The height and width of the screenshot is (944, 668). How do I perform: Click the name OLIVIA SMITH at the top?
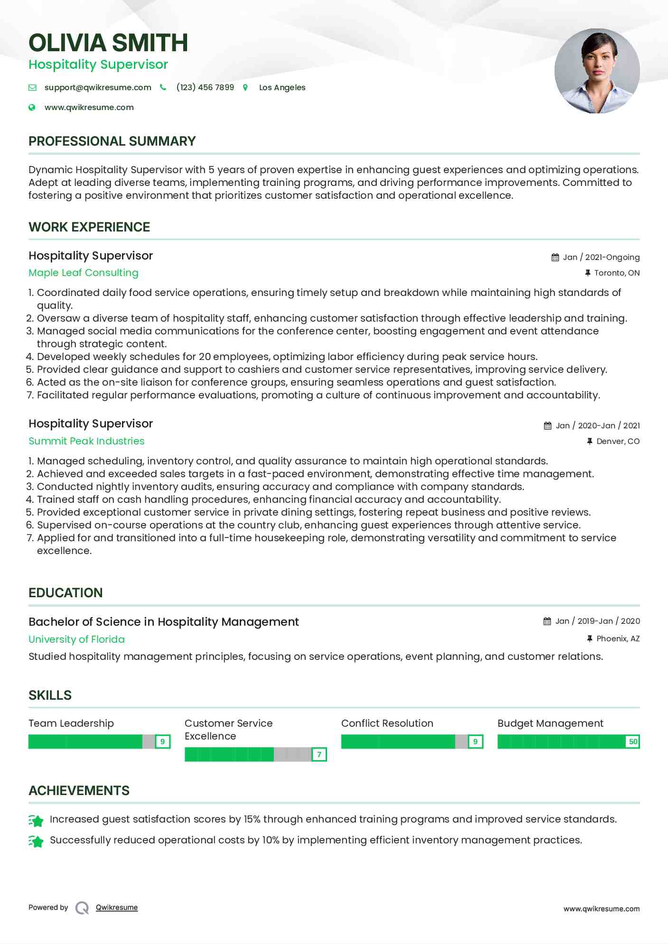pos(108,43)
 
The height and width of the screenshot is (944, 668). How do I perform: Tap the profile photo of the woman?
pos(597,71)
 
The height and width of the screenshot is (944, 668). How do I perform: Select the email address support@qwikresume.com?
pos(98,87)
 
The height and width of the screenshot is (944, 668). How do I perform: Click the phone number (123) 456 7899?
pos(205,87)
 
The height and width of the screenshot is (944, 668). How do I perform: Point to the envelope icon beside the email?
pos(32,87)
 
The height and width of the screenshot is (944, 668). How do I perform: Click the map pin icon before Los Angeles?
pos(245,87)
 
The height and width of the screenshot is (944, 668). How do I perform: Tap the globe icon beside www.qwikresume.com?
pos(32,107)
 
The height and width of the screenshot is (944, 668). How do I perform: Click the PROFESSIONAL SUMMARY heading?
pos(112,141)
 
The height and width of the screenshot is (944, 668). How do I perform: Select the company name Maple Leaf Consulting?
pos(84,273)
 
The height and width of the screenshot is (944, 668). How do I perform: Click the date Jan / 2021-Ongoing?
pos(601,257)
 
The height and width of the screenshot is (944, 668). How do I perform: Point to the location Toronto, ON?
pos(617,273)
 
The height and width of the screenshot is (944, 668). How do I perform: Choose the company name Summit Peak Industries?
pos(86,441)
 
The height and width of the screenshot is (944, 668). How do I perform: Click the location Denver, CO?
pos(618,441)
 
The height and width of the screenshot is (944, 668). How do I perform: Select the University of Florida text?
pos(76,639)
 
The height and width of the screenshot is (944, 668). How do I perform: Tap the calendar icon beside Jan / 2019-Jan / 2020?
pos(547,621)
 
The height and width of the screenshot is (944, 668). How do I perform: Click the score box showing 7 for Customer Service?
pos(319,754)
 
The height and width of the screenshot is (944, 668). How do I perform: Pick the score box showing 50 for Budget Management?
pos(633,741)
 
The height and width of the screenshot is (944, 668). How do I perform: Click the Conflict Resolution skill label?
pos(387,723)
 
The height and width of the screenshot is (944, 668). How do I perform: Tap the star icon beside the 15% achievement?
pos(36,820)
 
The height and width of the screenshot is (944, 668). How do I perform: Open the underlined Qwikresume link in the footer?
pos(117,907)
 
